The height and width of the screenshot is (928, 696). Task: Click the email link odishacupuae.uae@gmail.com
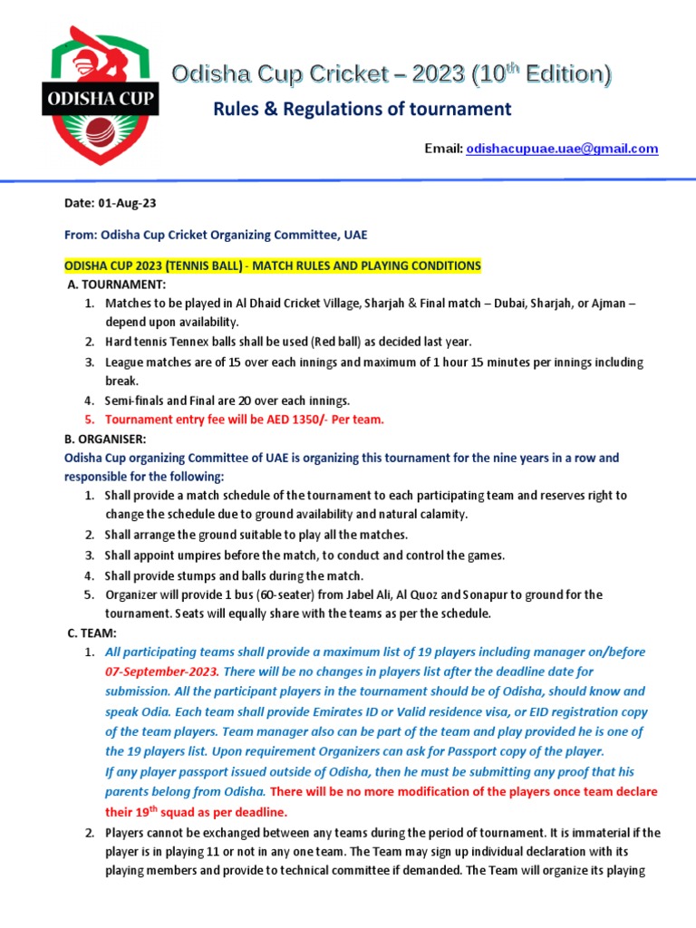[562, 149]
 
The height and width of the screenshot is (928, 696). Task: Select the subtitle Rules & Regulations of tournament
[362, 110]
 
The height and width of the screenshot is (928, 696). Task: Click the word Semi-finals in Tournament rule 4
[137, 400]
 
